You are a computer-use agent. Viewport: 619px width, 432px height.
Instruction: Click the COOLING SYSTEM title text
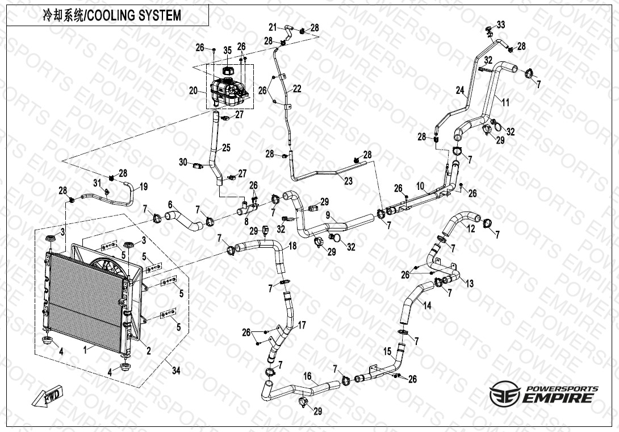112,15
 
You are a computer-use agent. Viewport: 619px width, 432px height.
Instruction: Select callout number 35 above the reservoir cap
227,51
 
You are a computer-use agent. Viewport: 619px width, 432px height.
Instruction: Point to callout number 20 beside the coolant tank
193,91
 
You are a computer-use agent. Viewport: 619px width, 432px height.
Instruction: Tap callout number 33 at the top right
500,24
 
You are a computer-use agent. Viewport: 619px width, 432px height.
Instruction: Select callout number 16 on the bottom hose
307,376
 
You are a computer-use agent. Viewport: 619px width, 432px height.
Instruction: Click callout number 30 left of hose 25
183,162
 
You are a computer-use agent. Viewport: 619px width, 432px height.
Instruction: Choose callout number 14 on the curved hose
427,305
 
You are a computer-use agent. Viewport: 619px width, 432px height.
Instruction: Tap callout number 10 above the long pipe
420,186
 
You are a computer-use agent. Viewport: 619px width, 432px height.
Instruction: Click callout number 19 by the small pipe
143,186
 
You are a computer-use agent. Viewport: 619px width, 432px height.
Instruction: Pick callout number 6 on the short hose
170,205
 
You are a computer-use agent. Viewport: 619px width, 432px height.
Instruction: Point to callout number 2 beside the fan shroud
149,351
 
